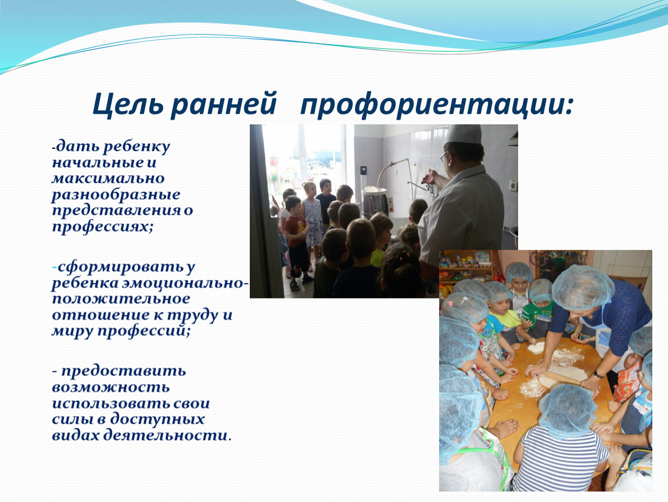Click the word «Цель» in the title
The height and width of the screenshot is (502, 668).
tap(127, 104)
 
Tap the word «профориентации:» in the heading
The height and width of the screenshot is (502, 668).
tap(437, 105)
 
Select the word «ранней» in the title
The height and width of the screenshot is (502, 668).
tap(224, 105)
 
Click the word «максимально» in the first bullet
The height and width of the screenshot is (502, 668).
tap(108, 178)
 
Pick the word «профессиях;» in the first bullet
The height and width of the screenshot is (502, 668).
tap(102, 227)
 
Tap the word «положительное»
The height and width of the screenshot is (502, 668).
tap(121, 299)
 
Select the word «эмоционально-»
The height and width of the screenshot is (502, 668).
tap(185, 283)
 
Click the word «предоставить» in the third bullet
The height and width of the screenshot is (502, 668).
tap(124, 372)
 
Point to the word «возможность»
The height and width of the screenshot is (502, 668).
tap(111, 388)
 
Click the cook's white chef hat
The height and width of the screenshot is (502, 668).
tap(462, 134)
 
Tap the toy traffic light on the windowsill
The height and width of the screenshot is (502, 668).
tap(274, 170)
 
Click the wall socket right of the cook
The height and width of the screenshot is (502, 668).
tap(514, 186)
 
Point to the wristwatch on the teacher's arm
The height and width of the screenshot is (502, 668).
tap(598, 375)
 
